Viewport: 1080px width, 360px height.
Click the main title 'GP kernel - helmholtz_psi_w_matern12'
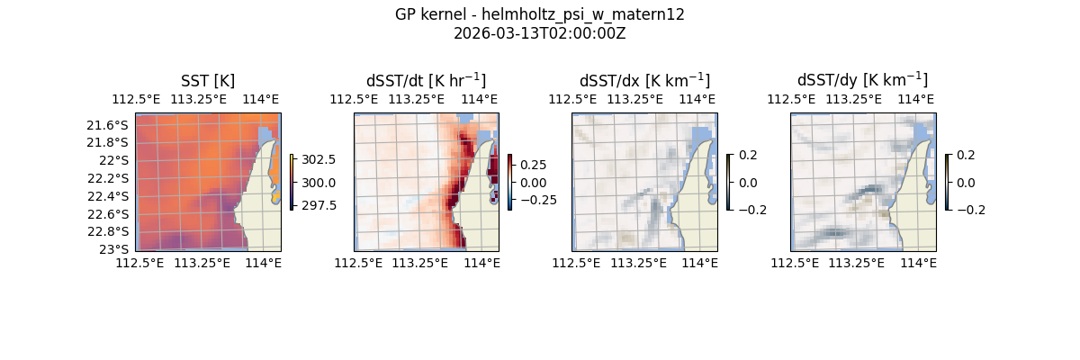tap(539, 14)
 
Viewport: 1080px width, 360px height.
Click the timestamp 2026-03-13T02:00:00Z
tap(539, 33)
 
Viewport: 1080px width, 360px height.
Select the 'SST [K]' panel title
tap(208, 81)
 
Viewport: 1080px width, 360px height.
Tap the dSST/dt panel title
tap(426, 81)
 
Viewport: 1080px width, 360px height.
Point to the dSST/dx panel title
tap(644, 81)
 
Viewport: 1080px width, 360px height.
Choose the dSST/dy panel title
tap(862, 81)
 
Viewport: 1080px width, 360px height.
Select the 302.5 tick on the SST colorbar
tap(319, 159)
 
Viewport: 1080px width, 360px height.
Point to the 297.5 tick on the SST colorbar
tap(319, 205)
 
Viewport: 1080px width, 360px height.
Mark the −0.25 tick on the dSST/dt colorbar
tap(537, 200)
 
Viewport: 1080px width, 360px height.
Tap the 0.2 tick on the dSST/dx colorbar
tap(748, 155)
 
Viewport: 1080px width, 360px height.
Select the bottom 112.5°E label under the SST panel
tap(140, 263)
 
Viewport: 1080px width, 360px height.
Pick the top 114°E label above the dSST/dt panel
tap(479, 99)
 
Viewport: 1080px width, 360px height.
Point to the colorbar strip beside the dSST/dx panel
tap(728, 182)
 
